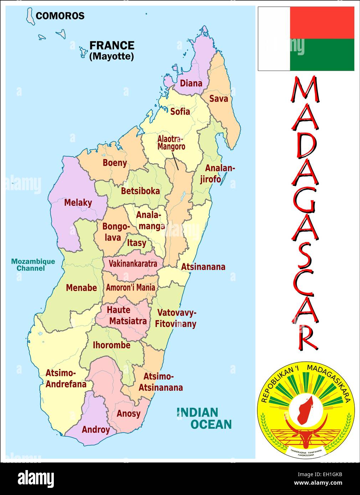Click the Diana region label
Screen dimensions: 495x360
pos(191,83)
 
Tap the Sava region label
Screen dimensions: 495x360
pos(218,99)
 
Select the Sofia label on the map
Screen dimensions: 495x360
pos(180,111)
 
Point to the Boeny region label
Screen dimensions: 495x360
pos(115,163)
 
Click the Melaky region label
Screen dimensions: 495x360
pos(78,203)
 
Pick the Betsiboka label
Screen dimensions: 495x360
pos(140,191)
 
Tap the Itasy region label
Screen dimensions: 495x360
pos(137,243)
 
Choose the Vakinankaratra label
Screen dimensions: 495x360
pos(133,264)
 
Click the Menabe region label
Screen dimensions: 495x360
pos(81,288)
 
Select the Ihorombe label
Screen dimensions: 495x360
pos(112,345)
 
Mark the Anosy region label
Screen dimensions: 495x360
pos(128,413)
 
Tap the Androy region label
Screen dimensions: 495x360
pos(96,429)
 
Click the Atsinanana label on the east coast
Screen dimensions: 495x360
pos(203,267)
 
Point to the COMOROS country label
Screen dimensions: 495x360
pos(60,16)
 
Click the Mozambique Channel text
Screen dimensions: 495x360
pos(33,265)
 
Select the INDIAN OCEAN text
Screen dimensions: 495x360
pos(204,418)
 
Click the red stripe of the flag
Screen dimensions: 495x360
pos(322,22)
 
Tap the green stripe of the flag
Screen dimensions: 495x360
pos(322,54)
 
